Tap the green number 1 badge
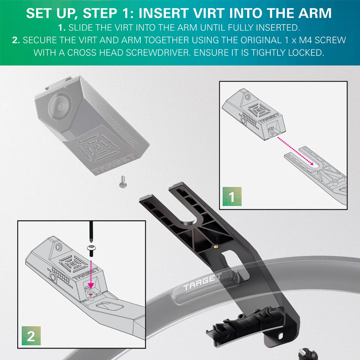[x=232, y=197]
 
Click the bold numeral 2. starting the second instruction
[x=16, y=40]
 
